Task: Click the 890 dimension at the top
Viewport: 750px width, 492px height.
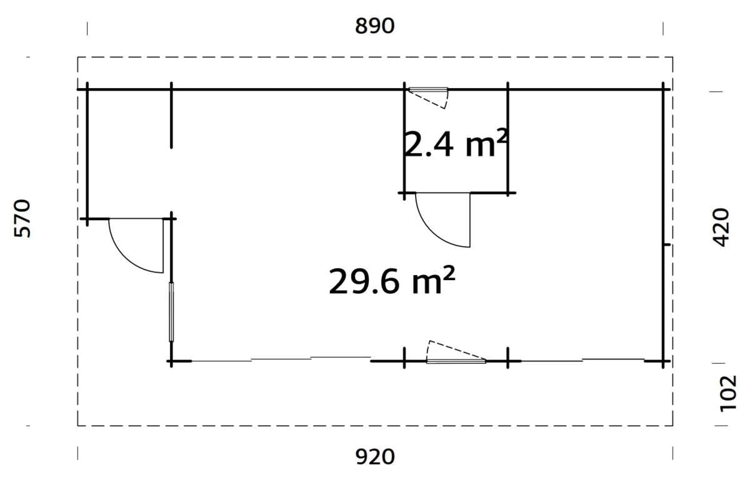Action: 375,26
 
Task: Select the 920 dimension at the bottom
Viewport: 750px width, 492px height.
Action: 375,457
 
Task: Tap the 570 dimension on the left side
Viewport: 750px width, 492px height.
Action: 22,219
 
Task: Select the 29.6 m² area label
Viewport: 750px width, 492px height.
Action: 391,281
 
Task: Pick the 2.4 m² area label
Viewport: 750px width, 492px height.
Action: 455,145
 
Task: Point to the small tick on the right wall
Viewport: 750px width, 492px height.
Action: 667,245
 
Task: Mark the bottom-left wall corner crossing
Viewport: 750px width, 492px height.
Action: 171,361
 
